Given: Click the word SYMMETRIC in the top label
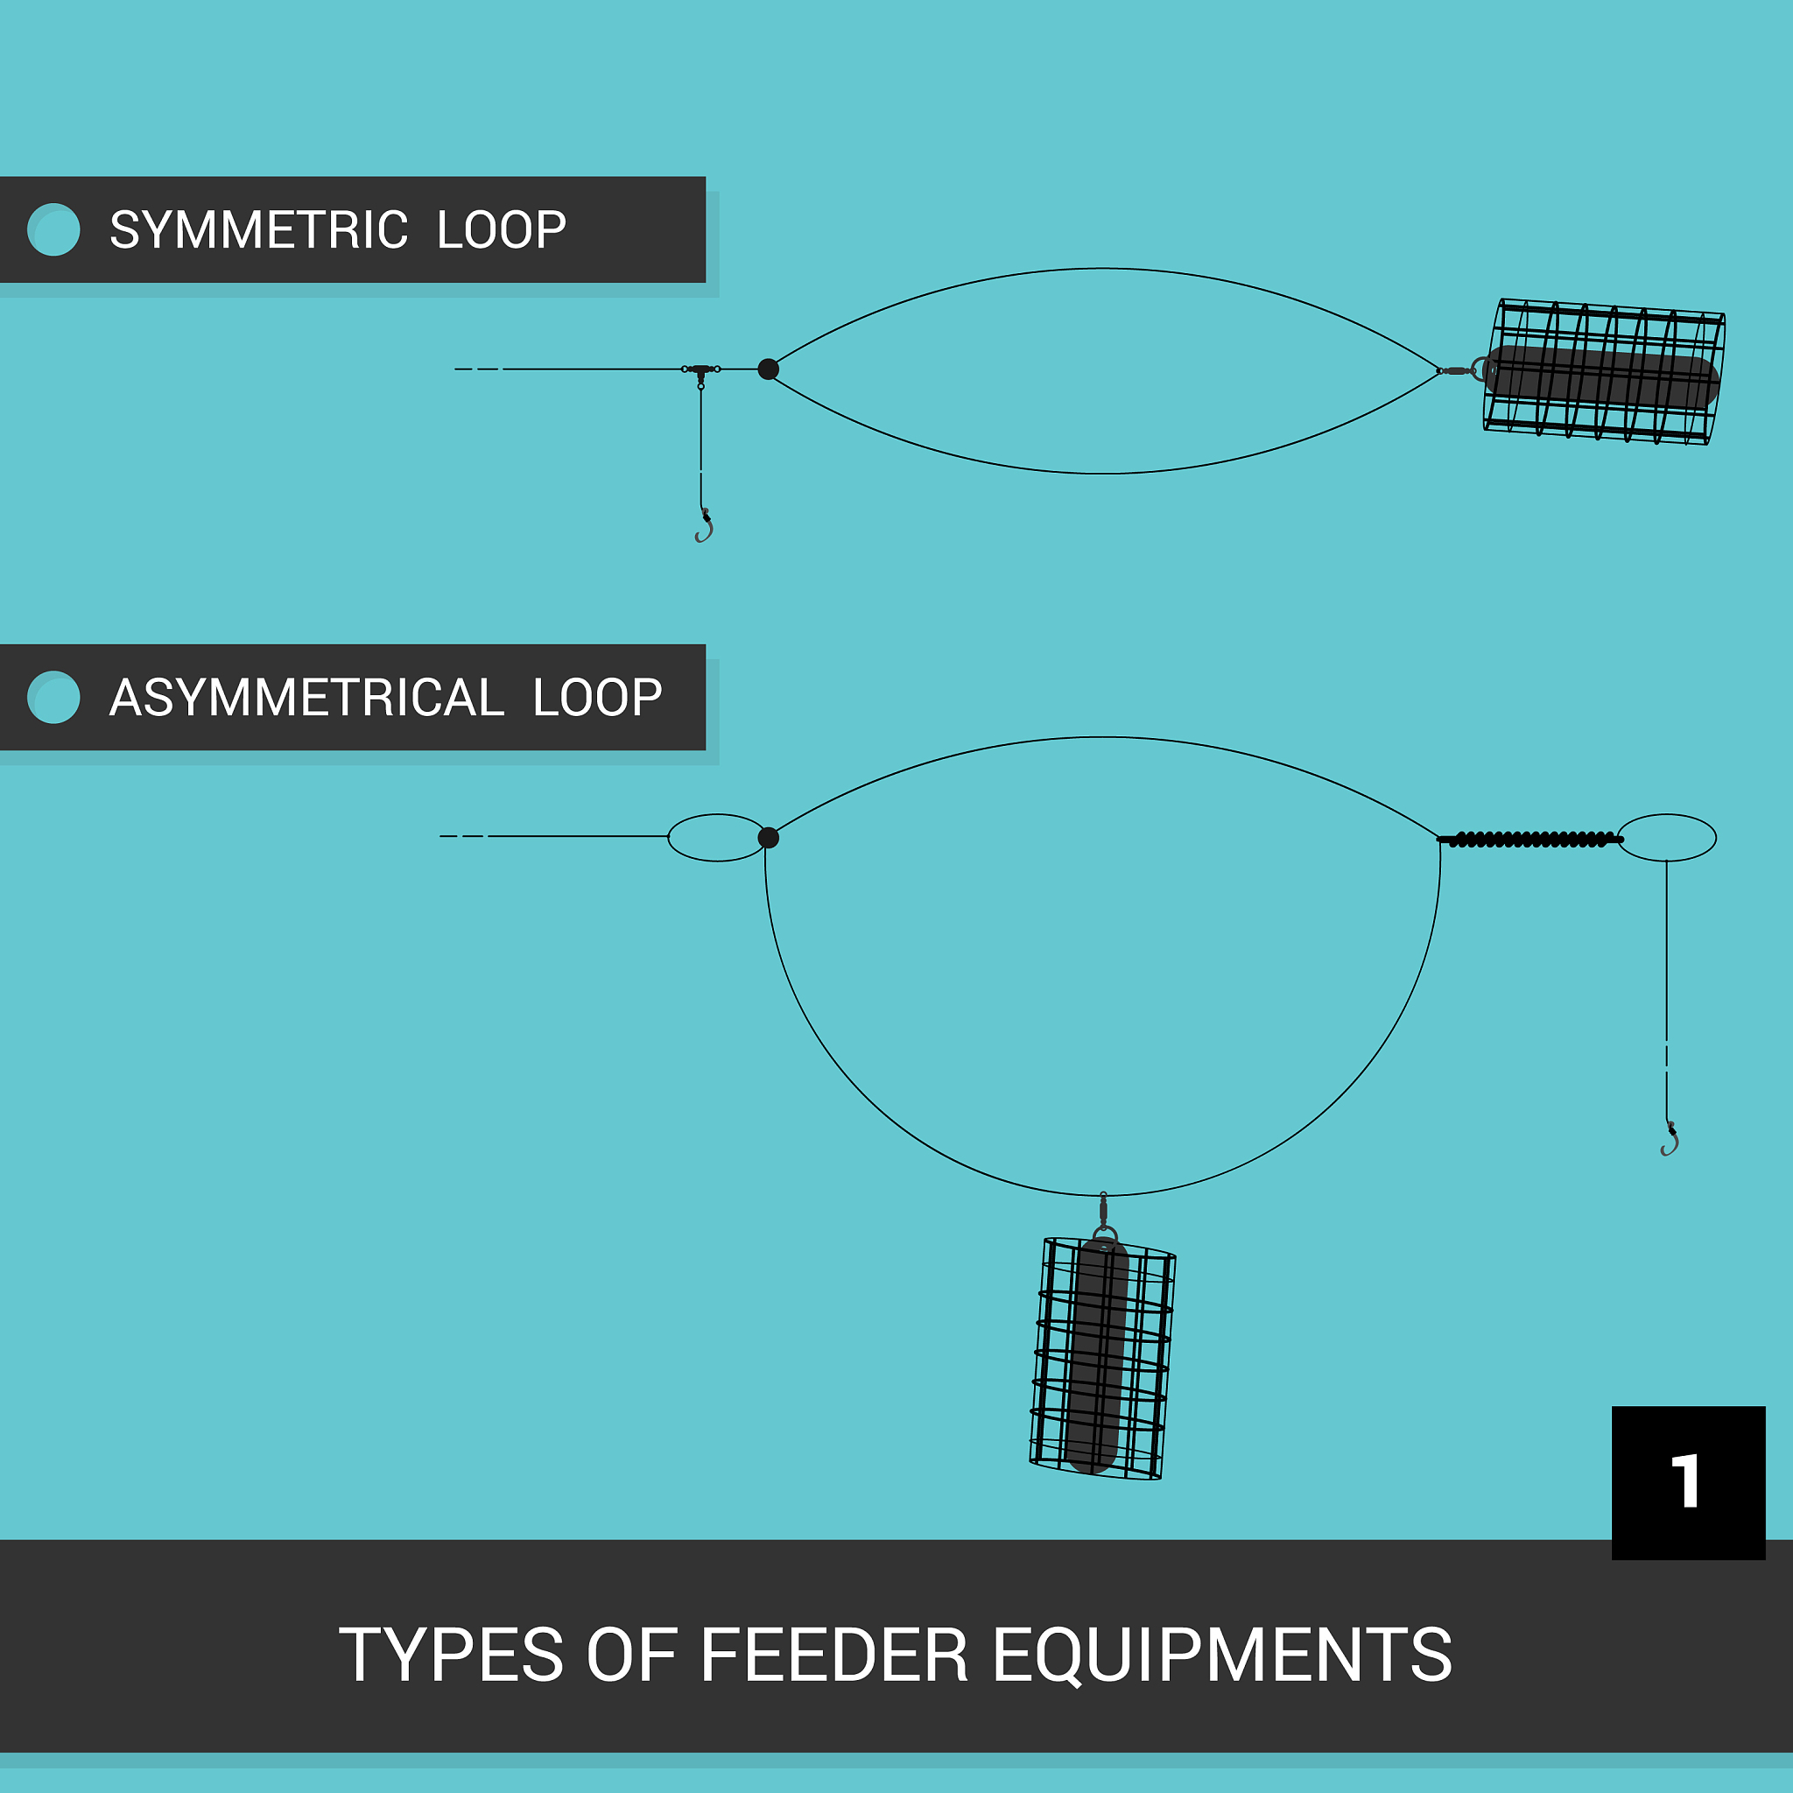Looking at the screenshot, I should pos(258,230).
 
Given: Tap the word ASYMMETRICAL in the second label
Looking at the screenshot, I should pos(306,698).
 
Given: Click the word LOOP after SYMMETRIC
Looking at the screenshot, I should pos(501,230).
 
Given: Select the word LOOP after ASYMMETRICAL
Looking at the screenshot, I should pos(598,698).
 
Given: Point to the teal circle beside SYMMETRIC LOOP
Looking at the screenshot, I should pos(53,229).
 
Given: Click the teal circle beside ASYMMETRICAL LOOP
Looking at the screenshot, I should pos(53,697).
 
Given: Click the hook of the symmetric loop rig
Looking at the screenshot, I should pos(705,526).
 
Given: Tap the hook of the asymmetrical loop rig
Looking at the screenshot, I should pos(1670,1141).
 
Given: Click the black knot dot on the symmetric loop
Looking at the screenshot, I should pos(769,369).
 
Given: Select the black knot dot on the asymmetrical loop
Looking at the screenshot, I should pos(769,838).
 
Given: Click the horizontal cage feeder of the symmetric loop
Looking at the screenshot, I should pos(1603,371).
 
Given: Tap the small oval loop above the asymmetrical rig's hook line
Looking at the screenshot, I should pos(1667,838).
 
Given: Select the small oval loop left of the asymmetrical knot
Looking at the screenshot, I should pos(716,838).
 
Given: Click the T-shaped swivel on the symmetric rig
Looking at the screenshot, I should pos(700,370).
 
